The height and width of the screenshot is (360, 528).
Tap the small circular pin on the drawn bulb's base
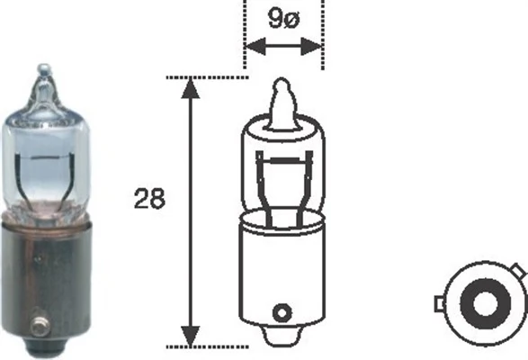click(x=282, y=313)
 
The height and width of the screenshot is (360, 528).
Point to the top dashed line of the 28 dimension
click(x=207, y=77)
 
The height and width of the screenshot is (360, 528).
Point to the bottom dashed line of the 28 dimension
click(x=207, y=346)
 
